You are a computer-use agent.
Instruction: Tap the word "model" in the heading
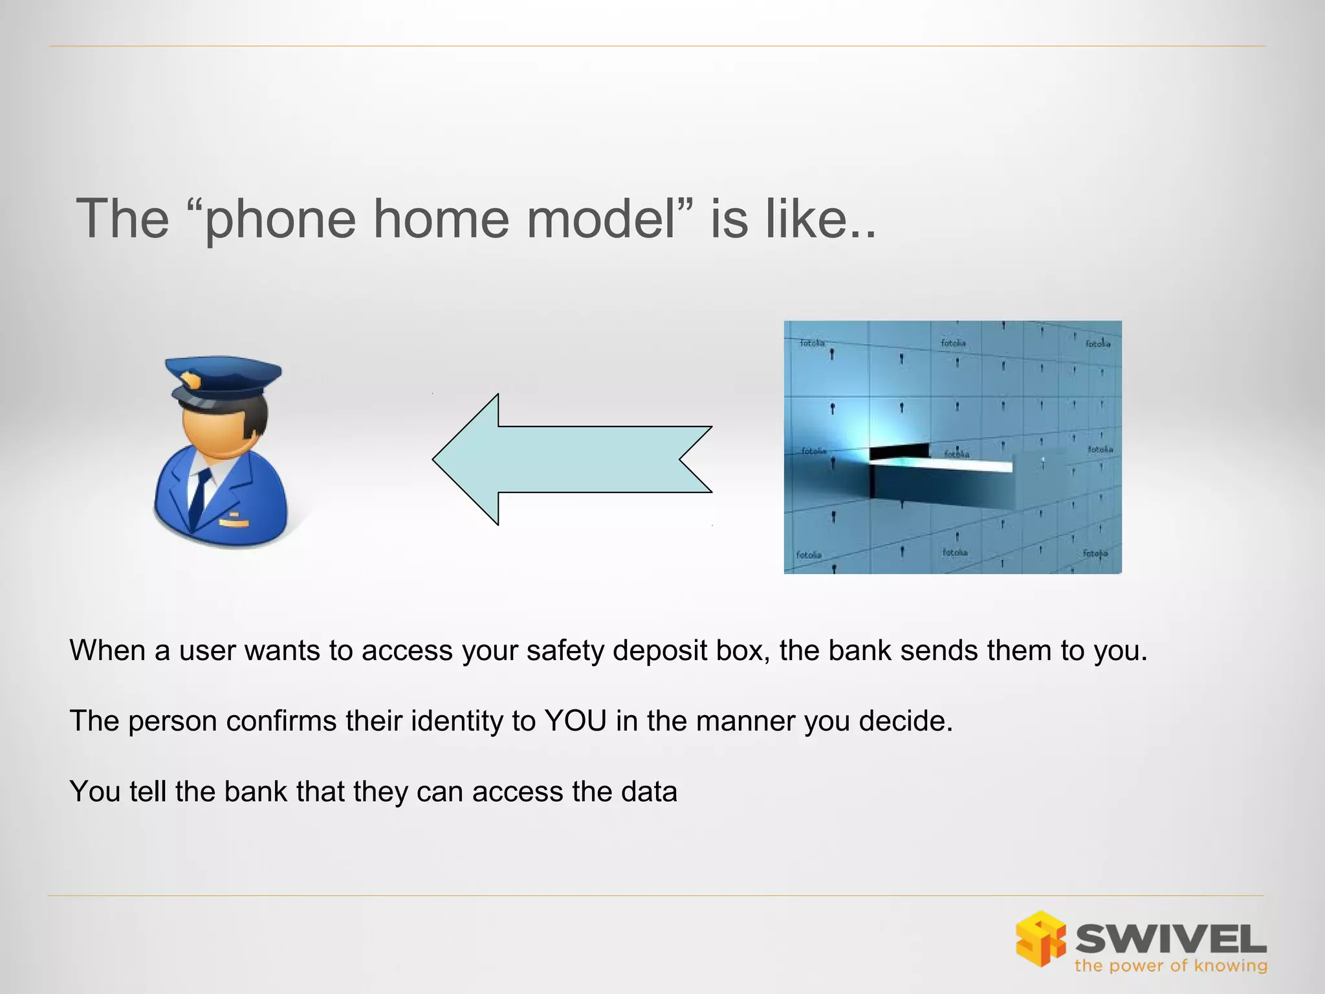[x=601, y=219]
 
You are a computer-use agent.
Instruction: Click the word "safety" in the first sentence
[x=565, y=650]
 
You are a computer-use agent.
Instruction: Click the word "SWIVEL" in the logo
[x=1171, y=939]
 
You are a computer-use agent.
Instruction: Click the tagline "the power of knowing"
[x=1170, y=966]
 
